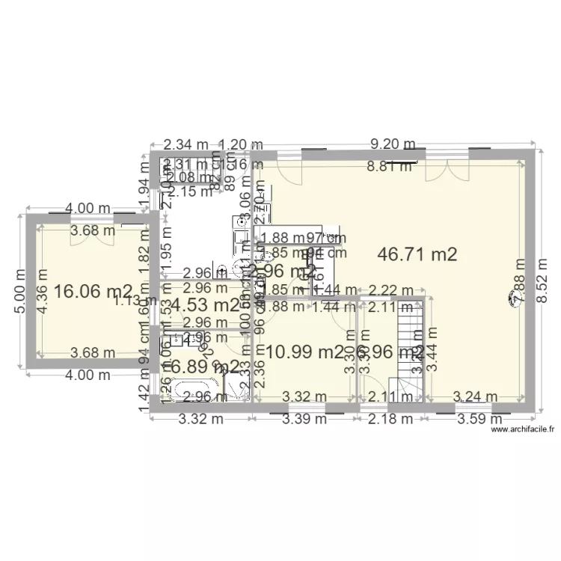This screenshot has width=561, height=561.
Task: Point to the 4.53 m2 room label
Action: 206,305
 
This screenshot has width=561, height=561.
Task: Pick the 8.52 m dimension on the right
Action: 543,279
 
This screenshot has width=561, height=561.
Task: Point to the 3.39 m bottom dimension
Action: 304,419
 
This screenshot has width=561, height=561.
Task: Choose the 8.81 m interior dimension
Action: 389,167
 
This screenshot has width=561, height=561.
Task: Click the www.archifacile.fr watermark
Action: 522,429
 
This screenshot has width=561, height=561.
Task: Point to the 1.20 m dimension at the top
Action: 241,144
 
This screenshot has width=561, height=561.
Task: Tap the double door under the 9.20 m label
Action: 447,171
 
